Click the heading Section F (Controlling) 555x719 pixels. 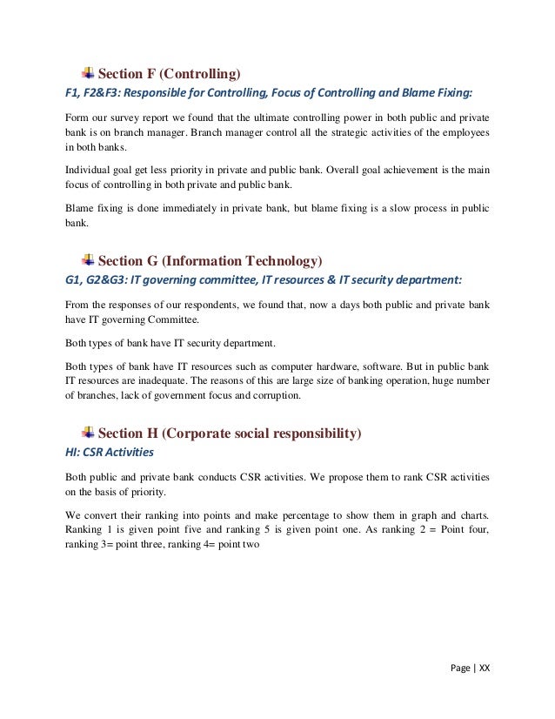(171, 72)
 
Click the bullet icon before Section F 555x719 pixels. (88, 71)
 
